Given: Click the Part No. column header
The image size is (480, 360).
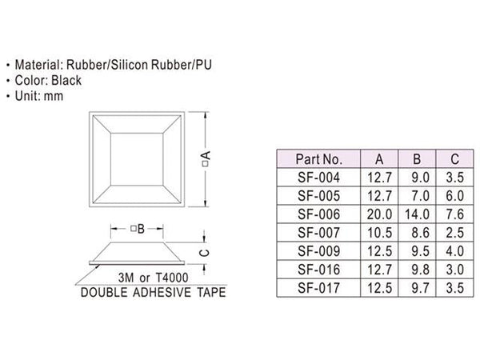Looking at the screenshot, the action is (318, 159).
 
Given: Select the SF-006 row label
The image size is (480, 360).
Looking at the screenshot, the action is (318, 214).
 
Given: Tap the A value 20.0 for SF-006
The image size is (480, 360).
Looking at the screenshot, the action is (379, 214).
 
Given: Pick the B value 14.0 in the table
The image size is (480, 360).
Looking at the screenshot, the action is (417, 214).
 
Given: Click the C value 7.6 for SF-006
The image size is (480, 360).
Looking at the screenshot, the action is (455, 214).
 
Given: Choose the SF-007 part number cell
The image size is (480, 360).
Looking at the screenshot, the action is (318, 233).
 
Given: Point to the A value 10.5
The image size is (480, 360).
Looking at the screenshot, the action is (379, 233).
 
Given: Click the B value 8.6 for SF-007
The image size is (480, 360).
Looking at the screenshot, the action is (420, 233).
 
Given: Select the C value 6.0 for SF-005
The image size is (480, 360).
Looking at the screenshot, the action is (455, 196).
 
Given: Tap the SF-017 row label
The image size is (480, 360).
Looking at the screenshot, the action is (318, 288).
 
